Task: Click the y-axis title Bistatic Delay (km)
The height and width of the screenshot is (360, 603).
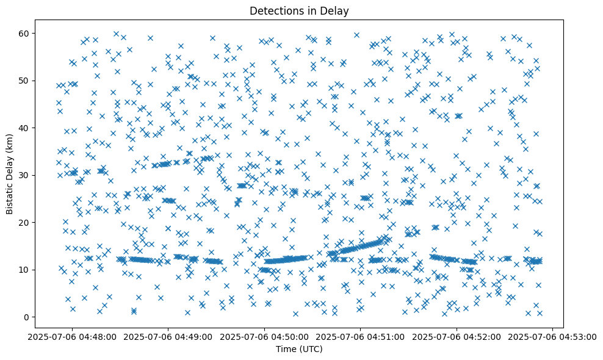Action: [10, 175]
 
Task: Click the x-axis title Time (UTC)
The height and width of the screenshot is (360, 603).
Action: [298, 350]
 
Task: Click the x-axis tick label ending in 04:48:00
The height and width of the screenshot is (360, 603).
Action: [73, 336]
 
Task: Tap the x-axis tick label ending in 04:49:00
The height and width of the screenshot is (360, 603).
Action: [168, 336]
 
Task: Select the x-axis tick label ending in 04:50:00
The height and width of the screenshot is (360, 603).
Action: [265, 336]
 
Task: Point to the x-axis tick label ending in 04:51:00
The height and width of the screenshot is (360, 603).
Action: [361, 336]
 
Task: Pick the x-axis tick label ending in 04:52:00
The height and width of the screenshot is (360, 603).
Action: [457, 336]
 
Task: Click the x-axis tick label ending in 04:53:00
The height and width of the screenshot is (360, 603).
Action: [553, 336]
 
